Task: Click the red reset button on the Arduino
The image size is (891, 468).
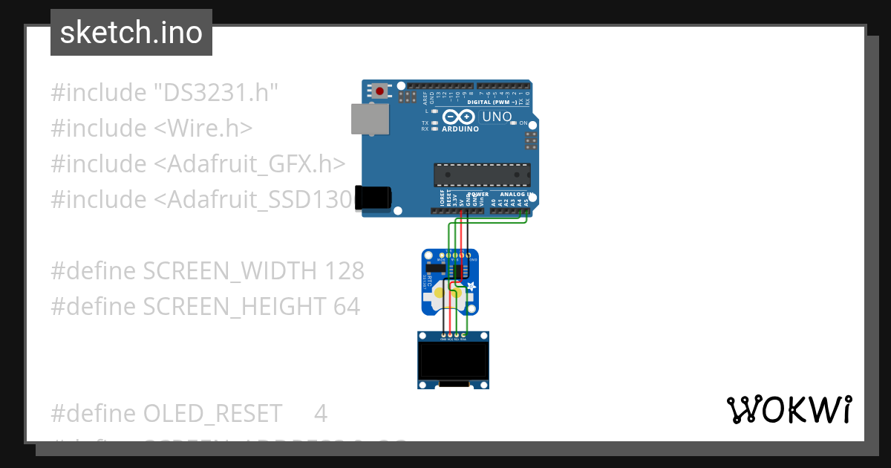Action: [x=380, y=91]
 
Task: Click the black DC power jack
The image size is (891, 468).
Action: [x=373, y=197]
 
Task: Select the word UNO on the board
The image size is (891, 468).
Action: [x=497, y=117]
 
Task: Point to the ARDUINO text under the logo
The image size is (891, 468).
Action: [x=460, y=129]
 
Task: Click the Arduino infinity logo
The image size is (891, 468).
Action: [x=458, y=117]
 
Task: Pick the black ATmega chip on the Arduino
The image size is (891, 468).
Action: [x=482, y=175]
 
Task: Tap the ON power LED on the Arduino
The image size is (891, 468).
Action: [x=513, y=123]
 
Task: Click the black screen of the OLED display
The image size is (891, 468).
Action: [x=453, y=360]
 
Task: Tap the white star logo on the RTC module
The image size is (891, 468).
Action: [x=471, y=287]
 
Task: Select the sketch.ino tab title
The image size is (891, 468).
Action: [x=131, y=33]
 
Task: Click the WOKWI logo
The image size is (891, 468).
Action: [x=789, y=409]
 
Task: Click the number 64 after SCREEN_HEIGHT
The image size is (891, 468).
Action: [x=346, y=306]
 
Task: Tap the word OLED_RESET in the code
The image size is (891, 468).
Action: [x=212, y=413]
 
